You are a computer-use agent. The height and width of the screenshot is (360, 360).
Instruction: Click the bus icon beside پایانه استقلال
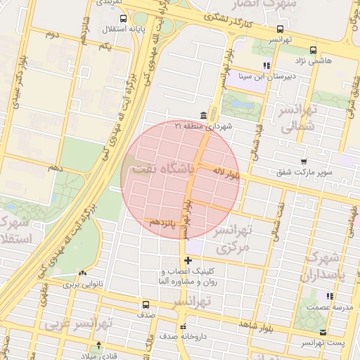point(124,19)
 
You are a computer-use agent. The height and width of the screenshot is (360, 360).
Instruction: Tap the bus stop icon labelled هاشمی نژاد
point(313,50)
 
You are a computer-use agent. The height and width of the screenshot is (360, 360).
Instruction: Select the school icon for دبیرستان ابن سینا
point(266,66)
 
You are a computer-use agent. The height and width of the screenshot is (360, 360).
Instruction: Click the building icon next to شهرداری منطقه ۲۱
point(203,115)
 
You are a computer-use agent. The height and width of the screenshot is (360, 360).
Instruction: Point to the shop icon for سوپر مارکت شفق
point(303,161)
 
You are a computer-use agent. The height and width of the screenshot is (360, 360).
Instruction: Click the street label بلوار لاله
point(228,172)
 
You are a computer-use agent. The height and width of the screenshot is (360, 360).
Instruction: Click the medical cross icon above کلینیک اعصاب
point(188,261)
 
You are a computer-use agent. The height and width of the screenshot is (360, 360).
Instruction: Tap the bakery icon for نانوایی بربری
point(83,273)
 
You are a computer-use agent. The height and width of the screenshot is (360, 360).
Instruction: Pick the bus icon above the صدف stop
point(146,305)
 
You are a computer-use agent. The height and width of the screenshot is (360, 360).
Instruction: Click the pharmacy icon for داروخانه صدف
point(184,326)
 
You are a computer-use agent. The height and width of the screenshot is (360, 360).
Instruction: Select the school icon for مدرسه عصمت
point(327,295)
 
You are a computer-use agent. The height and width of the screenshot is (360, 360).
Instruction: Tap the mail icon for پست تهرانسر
point(323,332)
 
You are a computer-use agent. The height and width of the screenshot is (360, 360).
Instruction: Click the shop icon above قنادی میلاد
point(99,345)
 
